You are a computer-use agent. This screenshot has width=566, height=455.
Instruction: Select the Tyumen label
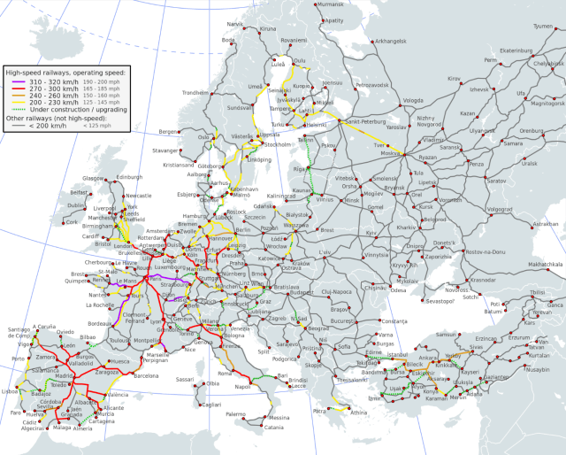[544, 27]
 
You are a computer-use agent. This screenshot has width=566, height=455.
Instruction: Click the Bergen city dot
[182, 132]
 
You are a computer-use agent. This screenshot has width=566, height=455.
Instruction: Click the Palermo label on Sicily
[234, 414]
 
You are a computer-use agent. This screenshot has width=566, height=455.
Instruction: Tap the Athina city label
[357, 413]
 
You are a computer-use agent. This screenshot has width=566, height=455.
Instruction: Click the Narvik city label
[234, 24]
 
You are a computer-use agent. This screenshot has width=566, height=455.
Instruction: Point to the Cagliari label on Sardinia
[210, 405]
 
